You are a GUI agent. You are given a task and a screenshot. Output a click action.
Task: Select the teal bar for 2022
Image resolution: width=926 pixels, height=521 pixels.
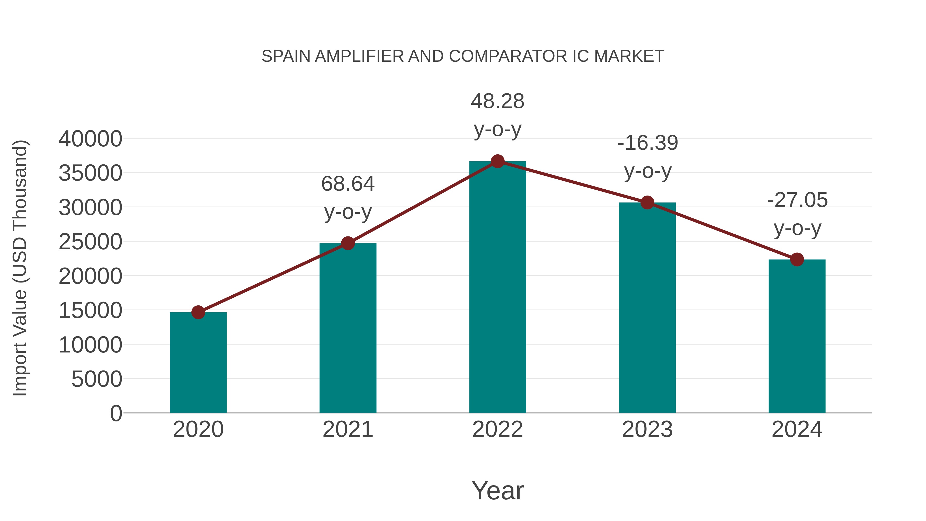coord(497,288)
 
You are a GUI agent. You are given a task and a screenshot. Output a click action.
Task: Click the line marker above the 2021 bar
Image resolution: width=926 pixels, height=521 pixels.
coord(348,243)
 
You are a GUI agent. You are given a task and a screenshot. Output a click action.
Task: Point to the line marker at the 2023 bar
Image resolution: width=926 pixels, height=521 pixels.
coord(647,203)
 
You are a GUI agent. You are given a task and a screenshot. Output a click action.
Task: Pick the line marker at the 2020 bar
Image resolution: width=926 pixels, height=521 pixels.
coord(198,312)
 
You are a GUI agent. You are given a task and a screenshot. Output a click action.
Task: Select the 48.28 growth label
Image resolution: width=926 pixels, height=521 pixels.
coord(497,101)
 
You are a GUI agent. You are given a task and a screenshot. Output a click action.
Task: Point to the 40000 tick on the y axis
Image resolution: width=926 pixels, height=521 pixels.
coord(90,139)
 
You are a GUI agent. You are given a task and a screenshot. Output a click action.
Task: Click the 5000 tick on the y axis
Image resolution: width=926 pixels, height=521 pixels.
coord(97,379)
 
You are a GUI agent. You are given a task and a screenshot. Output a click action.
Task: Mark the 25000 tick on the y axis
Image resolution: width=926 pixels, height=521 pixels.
coord(90,242)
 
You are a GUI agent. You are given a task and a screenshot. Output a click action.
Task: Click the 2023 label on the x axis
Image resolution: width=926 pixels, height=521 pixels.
coord(647,429)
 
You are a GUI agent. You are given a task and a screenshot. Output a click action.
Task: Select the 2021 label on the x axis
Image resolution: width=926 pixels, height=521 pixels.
coord(348,429)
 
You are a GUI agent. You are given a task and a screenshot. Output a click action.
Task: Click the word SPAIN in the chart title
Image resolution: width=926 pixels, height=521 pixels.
coord(286,56)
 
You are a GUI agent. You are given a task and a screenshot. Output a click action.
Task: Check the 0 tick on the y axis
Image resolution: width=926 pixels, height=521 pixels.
coord(116,413)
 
